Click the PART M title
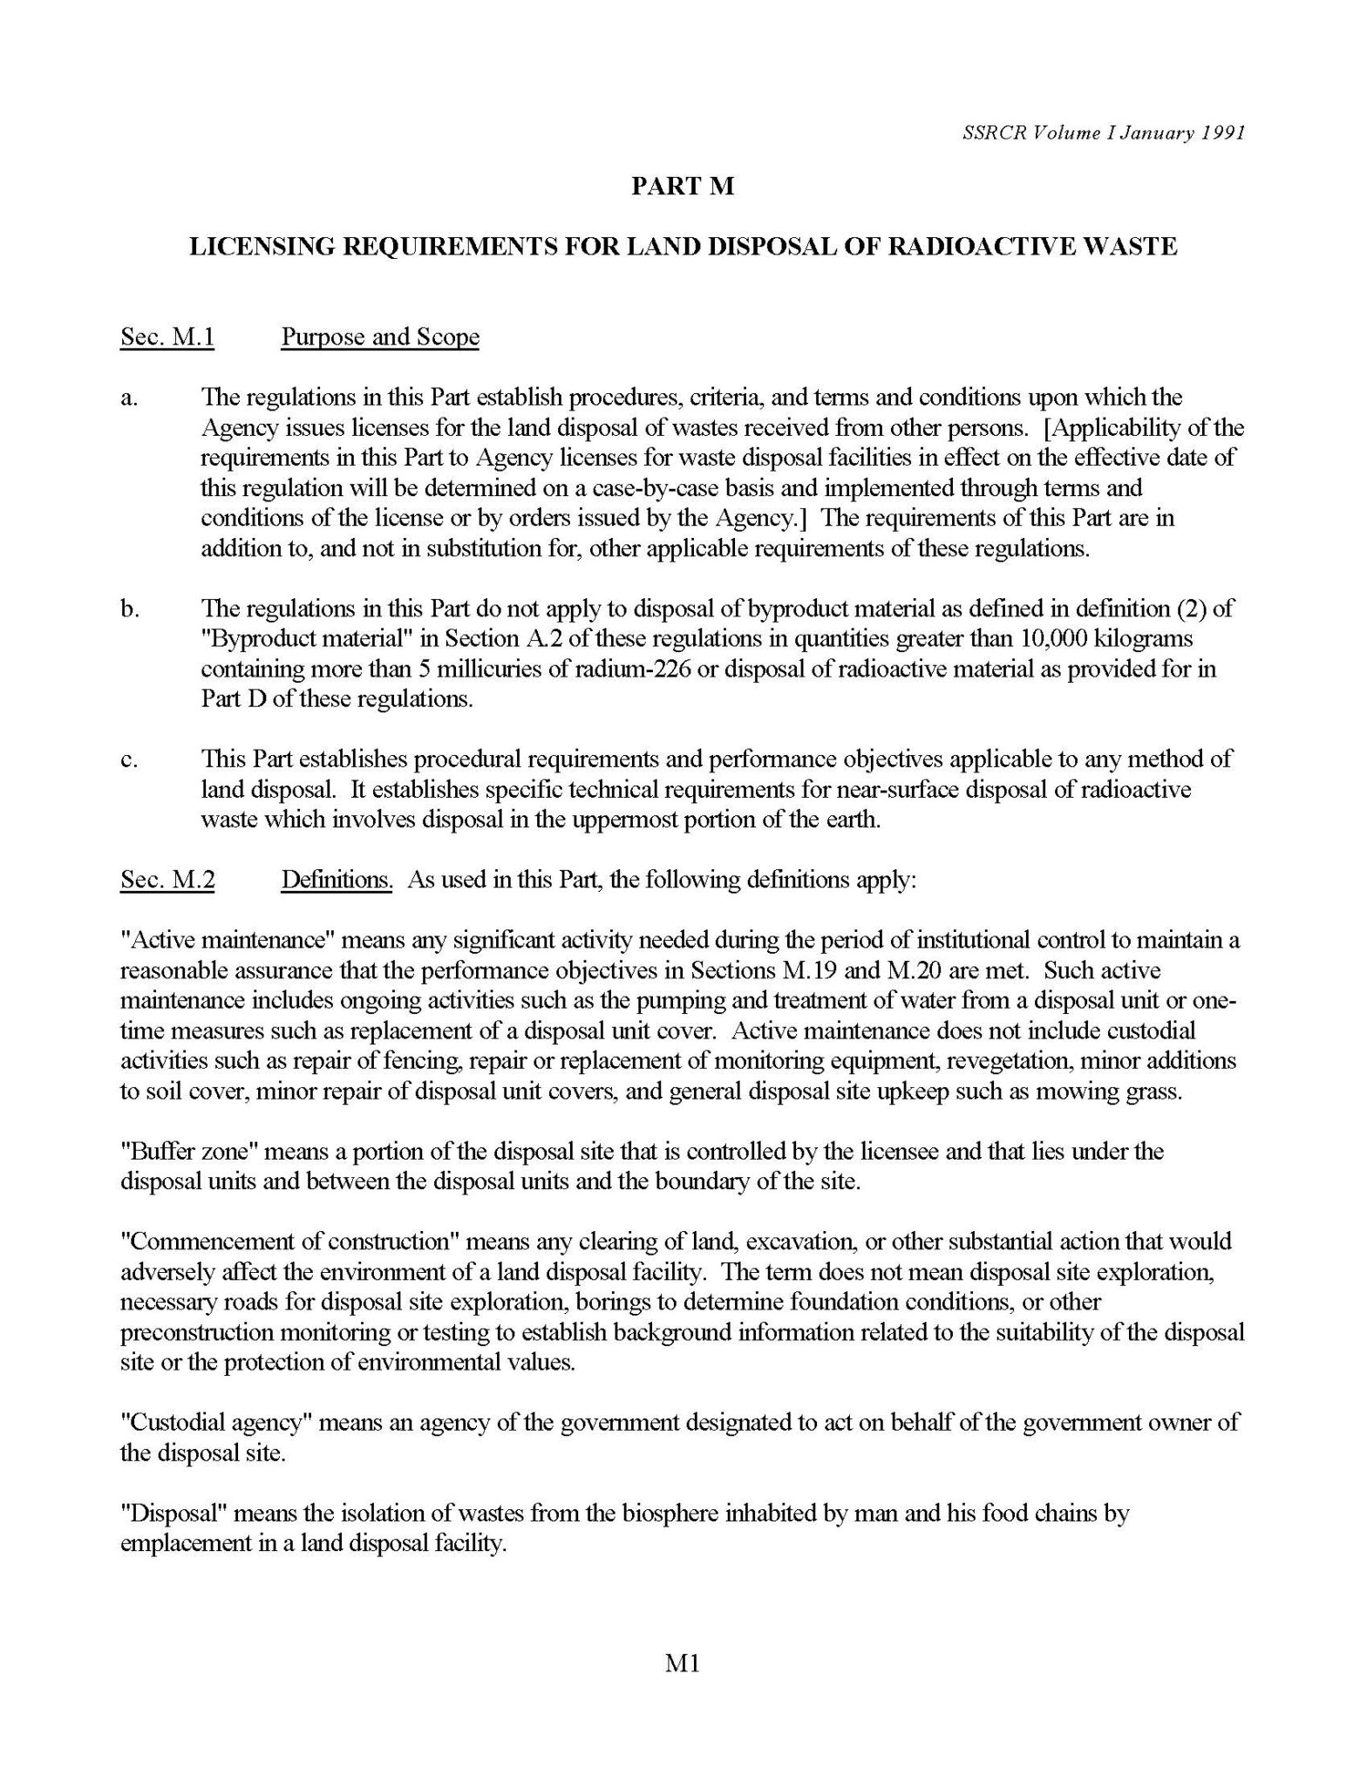point(683,187)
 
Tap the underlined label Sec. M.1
point(167,337)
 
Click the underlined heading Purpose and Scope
point(380,337)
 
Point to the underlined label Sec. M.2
point(167,880)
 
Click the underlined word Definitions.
point(337,880)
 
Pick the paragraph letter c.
point(128,759)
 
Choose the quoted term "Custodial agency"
point(216,1423)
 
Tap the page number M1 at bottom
point(683,1664)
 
